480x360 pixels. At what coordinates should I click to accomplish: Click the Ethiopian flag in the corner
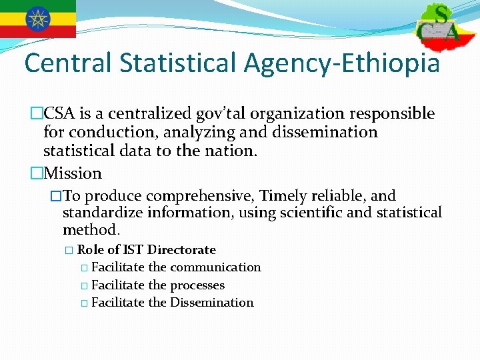click(38, 18)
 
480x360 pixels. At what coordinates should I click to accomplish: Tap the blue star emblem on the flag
click(38, 18)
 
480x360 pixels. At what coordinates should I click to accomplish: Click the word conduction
click(111, 132)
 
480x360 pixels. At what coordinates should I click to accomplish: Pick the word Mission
click(73, 173)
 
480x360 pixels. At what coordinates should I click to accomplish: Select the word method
click(91, 230)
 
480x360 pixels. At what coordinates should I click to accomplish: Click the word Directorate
click(181, 250)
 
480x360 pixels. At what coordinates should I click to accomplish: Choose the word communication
click(215, 267)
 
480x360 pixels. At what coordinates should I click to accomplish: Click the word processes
click(197, 285)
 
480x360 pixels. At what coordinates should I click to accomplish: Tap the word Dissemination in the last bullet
click(212, 303)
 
